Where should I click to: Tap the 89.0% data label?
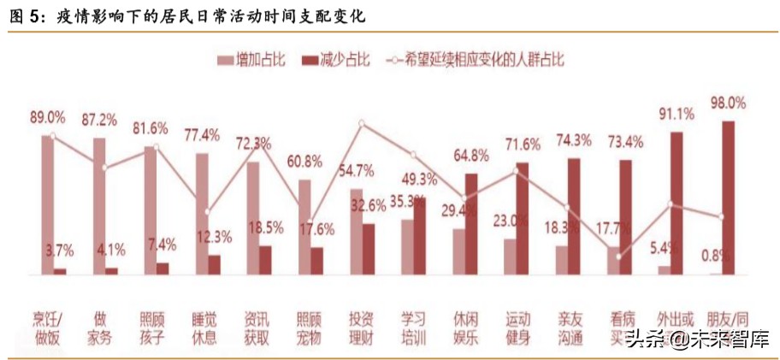[48, 117]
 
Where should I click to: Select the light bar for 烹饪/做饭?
[48, 205]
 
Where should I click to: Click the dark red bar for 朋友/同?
[728, 198]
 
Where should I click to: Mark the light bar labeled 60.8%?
[304, 227]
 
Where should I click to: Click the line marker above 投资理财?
[362, 123]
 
